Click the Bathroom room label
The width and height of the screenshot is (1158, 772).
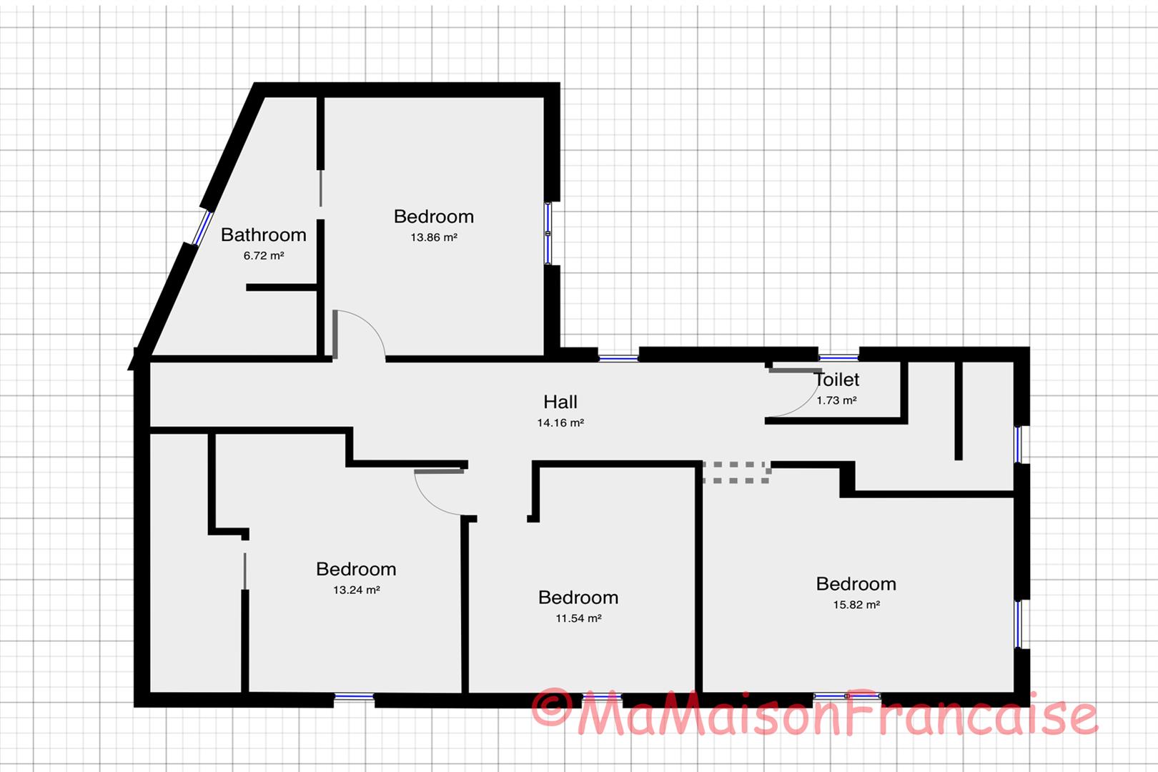click(263, 234)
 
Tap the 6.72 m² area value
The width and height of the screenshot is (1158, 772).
click(263, 255)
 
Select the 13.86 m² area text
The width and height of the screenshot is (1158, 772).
click(433, 237)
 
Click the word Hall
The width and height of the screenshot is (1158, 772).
click(560, 402)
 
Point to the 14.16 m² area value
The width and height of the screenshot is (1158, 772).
click(560, 422)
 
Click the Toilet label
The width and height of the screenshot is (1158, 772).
click(836, 380)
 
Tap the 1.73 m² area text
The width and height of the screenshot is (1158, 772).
click(836, 400)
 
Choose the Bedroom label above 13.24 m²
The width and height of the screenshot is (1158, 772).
click(356, 569)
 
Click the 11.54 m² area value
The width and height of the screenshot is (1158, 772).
click(578, 618)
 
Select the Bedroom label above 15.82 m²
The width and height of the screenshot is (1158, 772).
click(856, 584)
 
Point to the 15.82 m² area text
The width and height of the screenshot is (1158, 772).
click(856, 605)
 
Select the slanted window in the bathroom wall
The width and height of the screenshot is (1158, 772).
click(202, 227)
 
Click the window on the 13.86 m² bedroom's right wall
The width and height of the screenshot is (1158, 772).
click(548, 233)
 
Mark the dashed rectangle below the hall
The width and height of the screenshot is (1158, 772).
click(736, 472)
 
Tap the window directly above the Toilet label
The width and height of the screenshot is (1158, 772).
click(838, 357)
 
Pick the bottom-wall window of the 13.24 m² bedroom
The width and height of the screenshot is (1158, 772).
click(354, 696)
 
